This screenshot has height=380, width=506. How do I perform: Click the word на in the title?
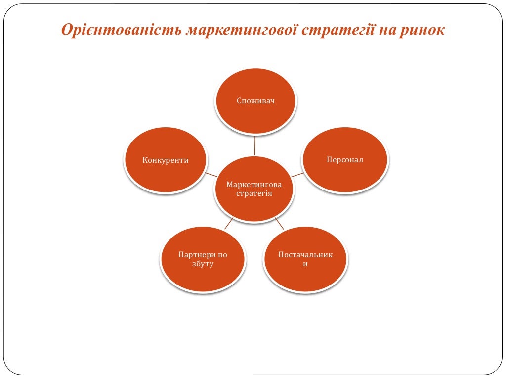click(x=387, y=31)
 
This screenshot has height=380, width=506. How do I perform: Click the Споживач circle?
click(x=255, y=101)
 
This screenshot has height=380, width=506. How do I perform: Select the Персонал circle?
click(x=345, y=160)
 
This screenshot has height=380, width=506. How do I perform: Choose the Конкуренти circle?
click(x=166, y=160)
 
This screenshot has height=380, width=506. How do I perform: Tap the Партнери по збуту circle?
click(x=203, y=259)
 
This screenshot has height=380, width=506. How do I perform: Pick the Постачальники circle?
click(x=305, y=259)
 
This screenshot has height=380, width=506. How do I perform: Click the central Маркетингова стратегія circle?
click(x=254, y=189)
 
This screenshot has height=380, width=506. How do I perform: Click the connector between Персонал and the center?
click(x=297, y=175)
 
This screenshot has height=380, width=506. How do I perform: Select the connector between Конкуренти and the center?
click(x=211, y=175)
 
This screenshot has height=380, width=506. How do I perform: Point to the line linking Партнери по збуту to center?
click(x=228, y=224)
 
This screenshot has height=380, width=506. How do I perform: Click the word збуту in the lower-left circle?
click(x=203, y=264)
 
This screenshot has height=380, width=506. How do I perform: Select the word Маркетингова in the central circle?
click(x=254, y=184)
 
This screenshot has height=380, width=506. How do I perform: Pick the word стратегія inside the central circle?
click(x=254, y=193)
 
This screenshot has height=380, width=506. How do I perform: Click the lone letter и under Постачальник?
click(x=305, y=264)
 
